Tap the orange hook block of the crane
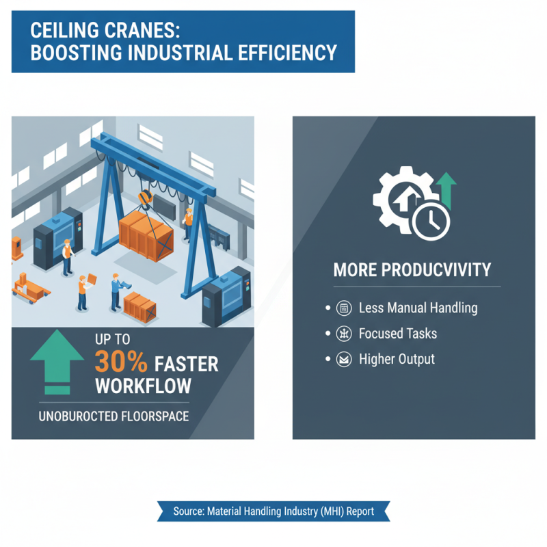[x=144, y=198]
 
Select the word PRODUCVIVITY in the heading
[x=438, y=270]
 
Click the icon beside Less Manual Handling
[x=345, y=308]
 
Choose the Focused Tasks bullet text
[x=398, y=334]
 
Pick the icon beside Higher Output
[x=345, y=359]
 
